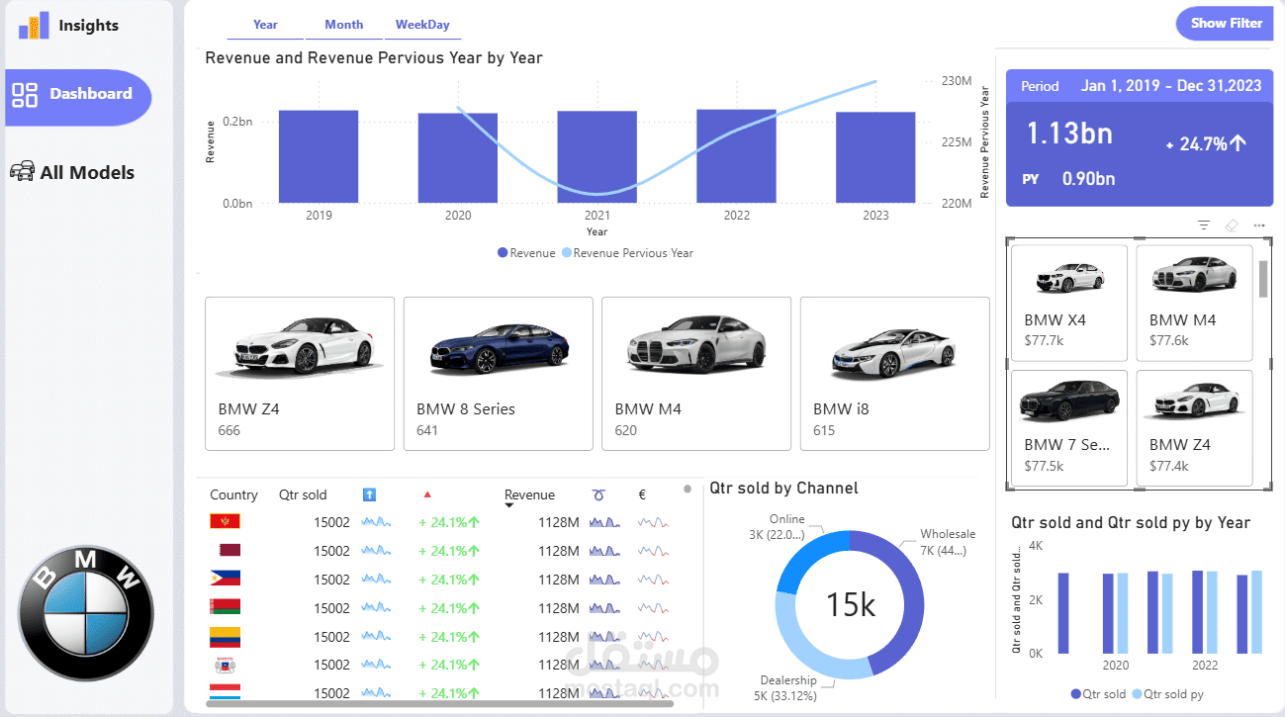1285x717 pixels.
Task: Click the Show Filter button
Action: point(1225,24)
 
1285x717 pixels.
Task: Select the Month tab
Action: point(343,25)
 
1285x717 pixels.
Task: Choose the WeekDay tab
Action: point(422,25)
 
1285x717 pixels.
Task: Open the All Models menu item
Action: point(86,172)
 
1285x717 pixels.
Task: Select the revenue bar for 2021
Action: point(597,156)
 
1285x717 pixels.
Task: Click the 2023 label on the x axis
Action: point(875,216)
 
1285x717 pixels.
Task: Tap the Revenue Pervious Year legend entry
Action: point(632,253)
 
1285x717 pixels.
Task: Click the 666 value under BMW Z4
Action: point(229,430)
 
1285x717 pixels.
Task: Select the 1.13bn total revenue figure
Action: point(1069,134)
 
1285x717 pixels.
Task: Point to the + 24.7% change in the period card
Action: point(1206,144)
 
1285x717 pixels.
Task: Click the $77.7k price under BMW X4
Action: point(1044,340)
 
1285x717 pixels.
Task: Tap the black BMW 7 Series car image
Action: point(1068,402)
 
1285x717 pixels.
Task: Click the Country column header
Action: point(233,494)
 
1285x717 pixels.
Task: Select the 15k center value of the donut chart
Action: point(850,604)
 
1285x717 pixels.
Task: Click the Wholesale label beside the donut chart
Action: point(947,534)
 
